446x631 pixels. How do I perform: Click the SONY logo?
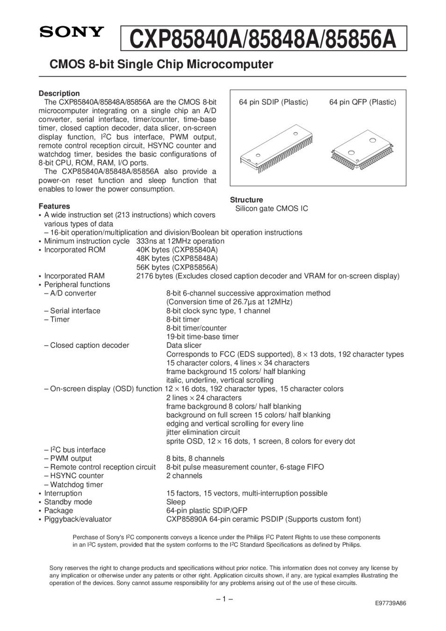[x=71, y=32]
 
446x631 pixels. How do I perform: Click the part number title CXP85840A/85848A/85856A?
[x=263, y=39]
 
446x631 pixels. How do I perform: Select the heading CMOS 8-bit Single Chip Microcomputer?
[x=161, y=65]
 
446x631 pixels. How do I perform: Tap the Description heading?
[x=59, y=93]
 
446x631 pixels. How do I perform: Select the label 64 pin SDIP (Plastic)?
[x=273, y=102]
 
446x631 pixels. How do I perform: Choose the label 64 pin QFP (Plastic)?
[x=362, y=102]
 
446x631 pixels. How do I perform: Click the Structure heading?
[x=246, y=200]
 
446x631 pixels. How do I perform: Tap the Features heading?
[x=54, y=206]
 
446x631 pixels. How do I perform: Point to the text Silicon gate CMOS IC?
[x=272, y=208]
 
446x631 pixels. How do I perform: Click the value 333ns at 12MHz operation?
[x=180, y=241]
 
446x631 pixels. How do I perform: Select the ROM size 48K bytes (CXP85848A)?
[x=177, y=258]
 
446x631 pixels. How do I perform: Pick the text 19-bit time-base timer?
[x=202, y=337]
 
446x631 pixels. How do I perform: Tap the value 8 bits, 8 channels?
[x=195, y=459]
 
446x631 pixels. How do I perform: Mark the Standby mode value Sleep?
[x=176, y=502]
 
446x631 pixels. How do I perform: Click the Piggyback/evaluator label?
[x=78, y=519]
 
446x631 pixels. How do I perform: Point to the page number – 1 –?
[x=224, y=599]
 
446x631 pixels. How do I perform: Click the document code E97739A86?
[x=390, y=603]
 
